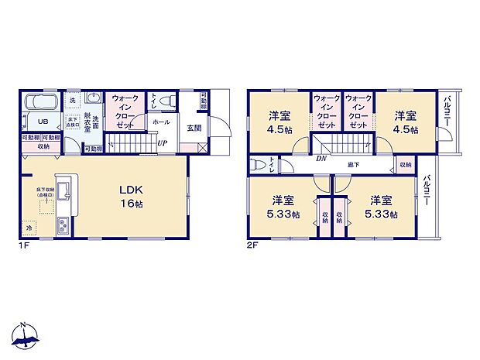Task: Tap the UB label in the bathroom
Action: pos(33,122)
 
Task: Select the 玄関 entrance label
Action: pos(192,129)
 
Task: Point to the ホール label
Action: pos(161,122)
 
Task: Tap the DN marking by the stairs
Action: pos(321,157)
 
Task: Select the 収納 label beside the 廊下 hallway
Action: pos(405,165)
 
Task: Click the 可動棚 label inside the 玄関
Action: pos(204,101)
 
